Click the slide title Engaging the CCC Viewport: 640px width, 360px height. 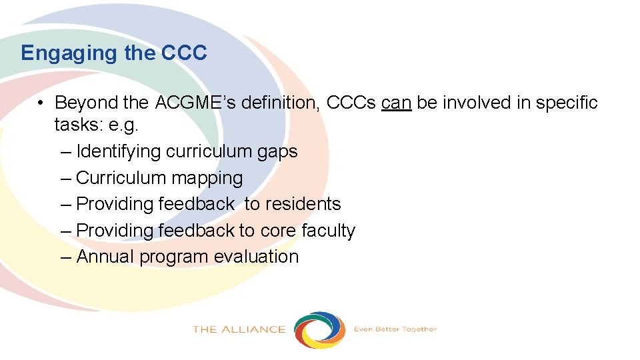coord(114,53)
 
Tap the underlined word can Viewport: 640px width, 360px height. coord(397,103)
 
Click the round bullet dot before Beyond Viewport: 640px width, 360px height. coord(41,103)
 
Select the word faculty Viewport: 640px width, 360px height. coord(328,231)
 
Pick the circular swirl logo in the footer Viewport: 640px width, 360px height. coord(320,329)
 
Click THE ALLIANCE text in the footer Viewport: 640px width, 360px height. coord(239,329)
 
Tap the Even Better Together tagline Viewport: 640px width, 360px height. coord(395,329)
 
